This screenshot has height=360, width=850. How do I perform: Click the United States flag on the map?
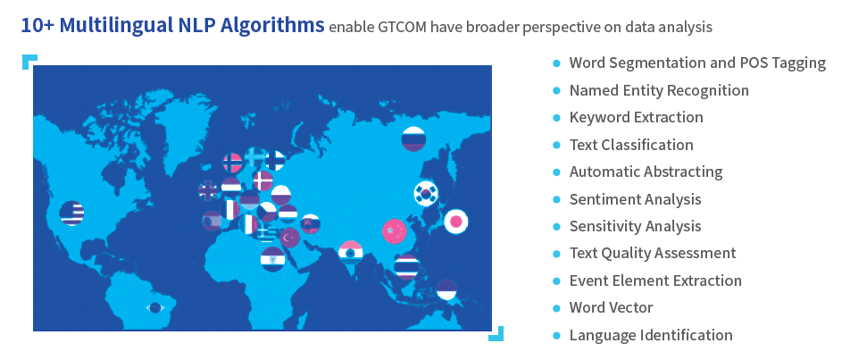point(72,213)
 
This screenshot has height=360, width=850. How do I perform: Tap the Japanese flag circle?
point(456,222)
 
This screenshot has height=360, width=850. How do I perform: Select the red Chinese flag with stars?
point(395,231)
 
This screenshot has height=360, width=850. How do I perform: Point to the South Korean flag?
point(426,194)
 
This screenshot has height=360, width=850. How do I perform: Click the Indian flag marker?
point(350,253)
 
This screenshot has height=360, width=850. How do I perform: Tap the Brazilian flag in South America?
point(155,307)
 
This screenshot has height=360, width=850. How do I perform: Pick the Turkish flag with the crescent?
point(290,237)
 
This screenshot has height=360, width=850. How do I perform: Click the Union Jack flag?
point(209,189)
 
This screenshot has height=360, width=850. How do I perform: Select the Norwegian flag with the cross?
point(232,162)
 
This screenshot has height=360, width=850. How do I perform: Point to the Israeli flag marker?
point(272,259)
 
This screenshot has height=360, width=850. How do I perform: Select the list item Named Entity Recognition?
point(659,90)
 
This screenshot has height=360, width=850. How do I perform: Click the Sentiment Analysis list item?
point(635,199)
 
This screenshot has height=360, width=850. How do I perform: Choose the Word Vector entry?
point(611,307)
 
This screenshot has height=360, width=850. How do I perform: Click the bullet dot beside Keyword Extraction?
point(556,118)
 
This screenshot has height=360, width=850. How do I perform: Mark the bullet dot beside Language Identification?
point(556,336)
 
